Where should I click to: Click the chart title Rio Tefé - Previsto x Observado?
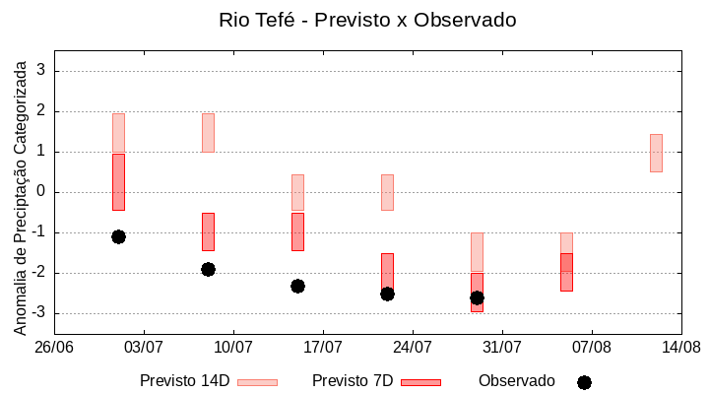coord(367,20)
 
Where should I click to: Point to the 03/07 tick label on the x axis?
coord(144,347)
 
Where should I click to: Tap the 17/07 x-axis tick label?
coord(323,347)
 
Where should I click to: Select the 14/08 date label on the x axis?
coord(680,347)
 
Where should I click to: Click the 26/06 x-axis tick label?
coord(54,347)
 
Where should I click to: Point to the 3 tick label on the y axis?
coord(42,71)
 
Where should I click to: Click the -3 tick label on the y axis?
coord(39,313)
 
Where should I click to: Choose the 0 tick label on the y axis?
coord(42,192)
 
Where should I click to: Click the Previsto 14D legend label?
coord(184,381)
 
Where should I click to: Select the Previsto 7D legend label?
coord(353,381)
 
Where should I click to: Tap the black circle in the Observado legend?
coord(584,382)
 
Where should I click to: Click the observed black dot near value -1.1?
coord(118,236)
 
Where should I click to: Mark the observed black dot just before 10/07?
coord(208,269)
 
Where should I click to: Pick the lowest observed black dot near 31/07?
coord(477,297)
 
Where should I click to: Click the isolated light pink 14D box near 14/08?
coord(656,153)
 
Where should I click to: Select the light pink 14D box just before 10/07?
coord(208,133)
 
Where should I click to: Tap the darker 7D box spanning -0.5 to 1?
coord(118,182)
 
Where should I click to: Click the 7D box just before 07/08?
coord(566,272)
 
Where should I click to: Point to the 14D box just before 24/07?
coord(387,192)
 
